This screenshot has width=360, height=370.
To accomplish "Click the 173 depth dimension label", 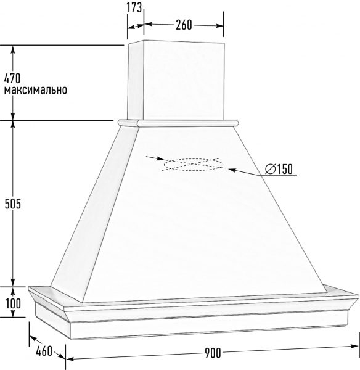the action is (134, 8).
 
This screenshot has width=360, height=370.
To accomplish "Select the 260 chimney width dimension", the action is (184, 25).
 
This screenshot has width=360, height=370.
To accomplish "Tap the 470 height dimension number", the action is (12, 78).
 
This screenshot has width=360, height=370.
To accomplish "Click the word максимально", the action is (36, 90).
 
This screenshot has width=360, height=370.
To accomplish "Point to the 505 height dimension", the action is (13, 203).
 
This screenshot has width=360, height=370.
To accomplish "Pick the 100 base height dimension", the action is (13, 303).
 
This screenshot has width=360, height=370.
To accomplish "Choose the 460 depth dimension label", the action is (44, 351).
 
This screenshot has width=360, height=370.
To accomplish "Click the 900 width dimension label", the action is (213, 353).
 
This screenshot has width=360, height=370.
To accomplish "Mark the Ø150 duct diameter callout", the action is (279, 169).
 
